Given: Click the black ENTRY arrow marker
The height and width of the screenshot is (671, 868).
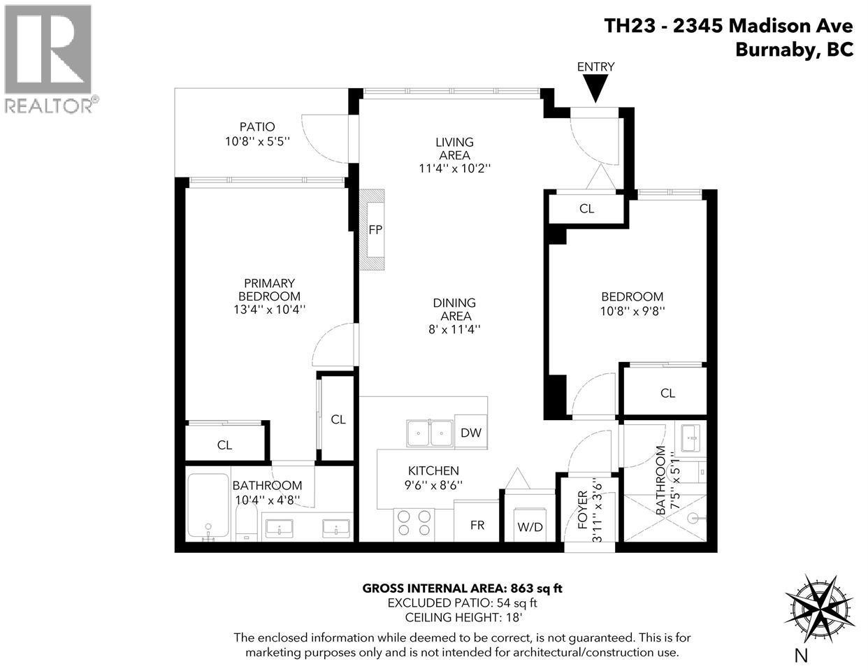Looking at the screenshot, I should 595,89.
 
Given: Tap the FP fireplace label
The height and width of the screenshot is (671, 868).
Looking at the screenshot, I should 375,229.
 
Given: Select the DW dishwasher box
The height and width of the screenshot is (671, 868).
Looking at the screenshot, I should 471,433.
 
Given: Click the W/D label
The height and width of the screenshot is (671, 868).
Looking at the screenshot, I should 530,526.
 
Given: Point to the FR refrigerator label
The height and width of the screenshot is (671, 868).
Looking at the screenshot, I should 478,525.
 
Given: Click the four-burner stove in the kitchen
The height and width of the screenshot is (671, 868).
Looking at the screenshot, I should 414,524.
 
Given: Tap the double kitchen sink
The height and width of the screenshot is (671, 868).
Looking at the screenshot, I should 430,433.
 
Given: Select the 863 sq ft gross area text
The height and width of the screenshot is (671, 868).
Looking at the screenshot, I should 462,588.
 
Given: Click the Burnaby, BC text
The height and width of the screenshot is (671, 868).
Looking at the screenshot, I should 794,50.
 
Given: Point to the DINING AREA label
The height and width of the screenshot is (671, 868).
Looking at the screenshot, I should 454,310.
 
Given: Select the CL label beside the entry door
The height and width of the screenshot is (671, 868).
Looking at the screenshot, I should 586,208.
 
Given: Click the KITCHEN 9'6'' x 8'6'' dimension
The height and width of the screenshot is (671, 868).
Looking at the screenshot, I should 433,484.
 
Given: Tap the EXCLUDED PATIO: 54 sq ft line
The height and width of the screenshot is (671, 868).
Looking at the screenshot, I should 462,603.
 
